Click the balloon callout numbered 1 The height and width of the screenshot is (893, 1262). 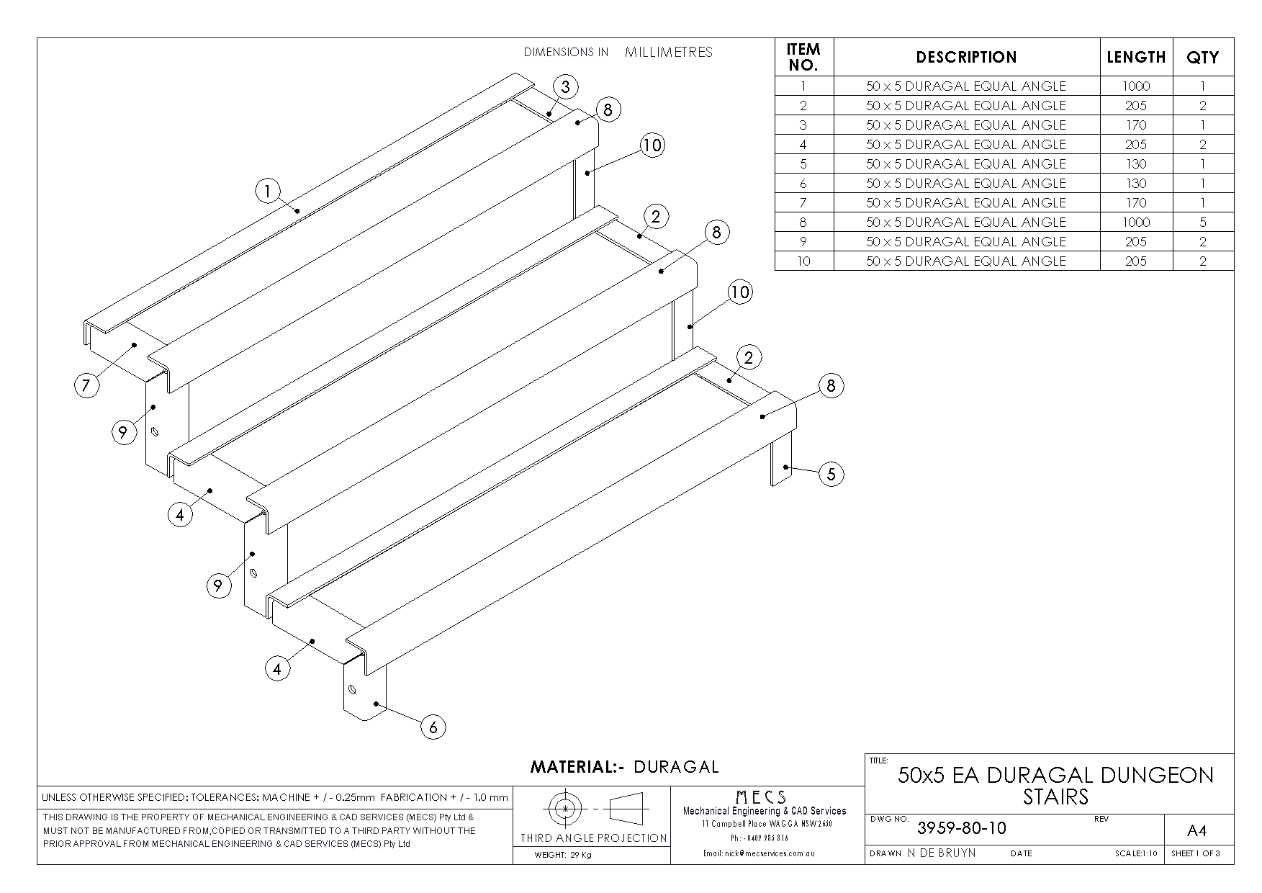[267, 192]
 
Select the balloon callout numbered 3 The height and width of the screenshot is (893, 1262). [566, 87]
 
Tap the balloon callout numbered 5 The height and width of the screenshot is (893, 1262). [831, 474]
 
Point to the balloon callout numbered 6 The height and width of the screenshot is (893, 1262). [433, 727]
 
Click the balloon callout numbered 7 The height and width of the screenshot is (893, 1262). [86, 385]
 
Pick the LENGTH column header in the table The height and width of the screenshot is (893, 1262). [1135, 57]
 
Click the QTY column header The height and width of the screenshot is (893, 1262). [1202, 57]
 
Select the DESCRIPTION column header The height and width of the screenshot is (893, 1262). [966, 57]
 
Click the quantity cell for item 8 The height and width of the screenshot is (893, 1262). [1202, 222]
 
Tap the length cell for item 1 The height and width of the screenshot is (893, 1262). [1135, 86]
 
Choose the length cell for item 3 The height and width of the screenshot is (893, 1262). [1135, 125]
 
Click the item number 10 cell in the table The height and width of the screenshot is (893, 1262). [803, 261]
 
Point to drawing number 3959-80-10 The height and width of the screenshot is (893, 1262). [961, 828]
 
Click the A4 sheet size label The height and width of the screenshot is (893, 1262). [1196, 831]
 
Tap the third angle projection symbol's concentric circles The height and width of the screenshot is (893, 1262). [566, 809]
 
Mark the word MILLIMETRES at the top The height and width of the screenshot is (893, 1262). [668, 52]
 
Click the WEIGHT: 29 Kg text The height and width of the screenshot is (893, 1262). [562, 856]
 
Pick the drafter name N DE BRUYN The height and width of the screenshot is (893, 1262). [941, 853]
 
